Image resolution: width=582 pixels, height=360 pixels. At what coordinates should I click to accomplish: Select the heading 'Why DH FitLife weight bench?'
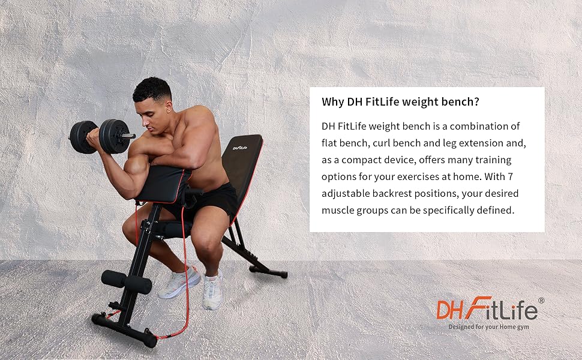400,102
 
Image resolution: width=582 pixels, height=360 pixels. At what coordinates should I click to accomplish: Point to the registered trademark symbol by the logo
541,301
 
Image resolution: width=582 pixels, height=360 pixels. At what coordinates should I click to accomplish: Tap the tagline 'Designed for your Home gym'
488,327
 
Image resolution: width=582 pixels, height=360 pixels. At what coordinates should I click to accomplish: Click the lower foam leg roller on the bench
126,281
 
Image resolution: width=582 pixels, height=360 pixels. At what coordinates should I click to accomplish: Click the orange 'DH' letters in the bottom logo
449,311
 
